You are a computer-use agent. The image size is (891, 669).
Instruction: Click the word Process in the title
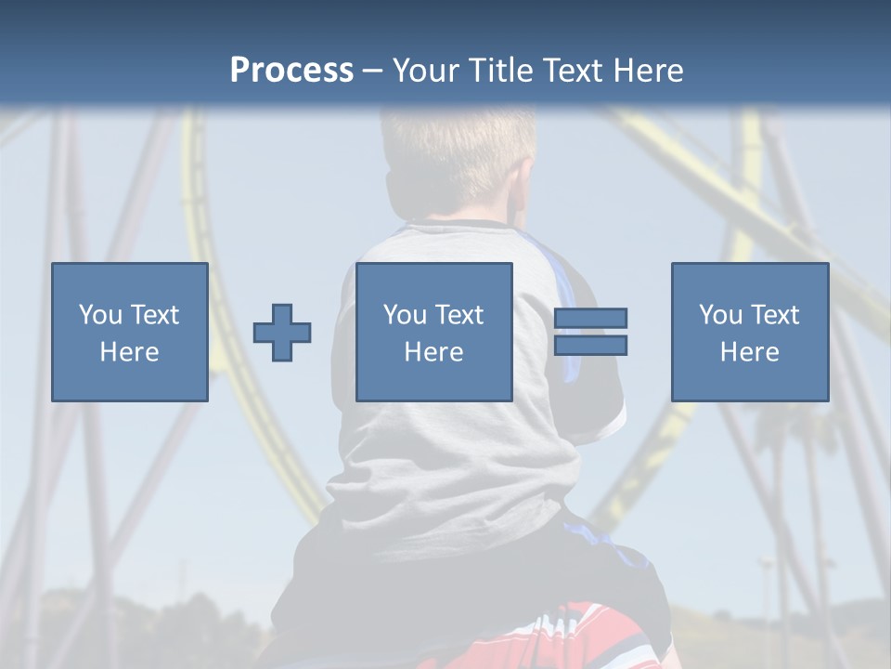pos(291,70)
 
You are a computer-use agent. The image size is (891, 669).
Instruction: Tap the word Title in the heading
pos(497,70)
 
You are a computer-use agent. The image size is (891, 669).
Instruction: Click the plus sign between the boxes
pos(282,333)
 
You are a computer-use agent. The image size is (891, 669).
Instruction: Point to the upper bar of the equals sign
pos(590,319)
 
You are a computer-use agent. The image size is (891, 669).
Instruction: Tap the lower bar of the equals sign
pos(590,346)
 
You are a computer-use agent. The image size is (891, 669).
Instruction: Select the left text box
pos(129,332)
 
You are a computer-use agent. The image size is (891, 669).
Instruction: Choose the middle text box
pos(433,332)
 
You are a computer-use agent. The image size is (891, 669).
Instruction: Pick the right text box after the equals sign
pos(749,332)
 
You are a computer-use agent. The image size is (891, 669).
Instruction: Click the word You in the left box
pos(101,315)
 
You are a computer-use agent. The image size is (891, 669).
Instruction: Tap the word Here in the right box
pos(749,352)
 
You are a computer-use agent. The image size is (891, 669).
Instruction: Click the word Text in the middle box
pos(458,315)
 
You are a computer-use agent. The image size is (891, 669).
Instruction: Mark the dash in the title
pos(372,70)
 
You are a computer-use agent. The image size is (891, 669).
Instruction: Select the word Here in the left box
pos(129,352)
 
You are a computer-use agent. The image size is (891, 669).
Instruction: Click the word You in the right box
pos(721,315)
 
